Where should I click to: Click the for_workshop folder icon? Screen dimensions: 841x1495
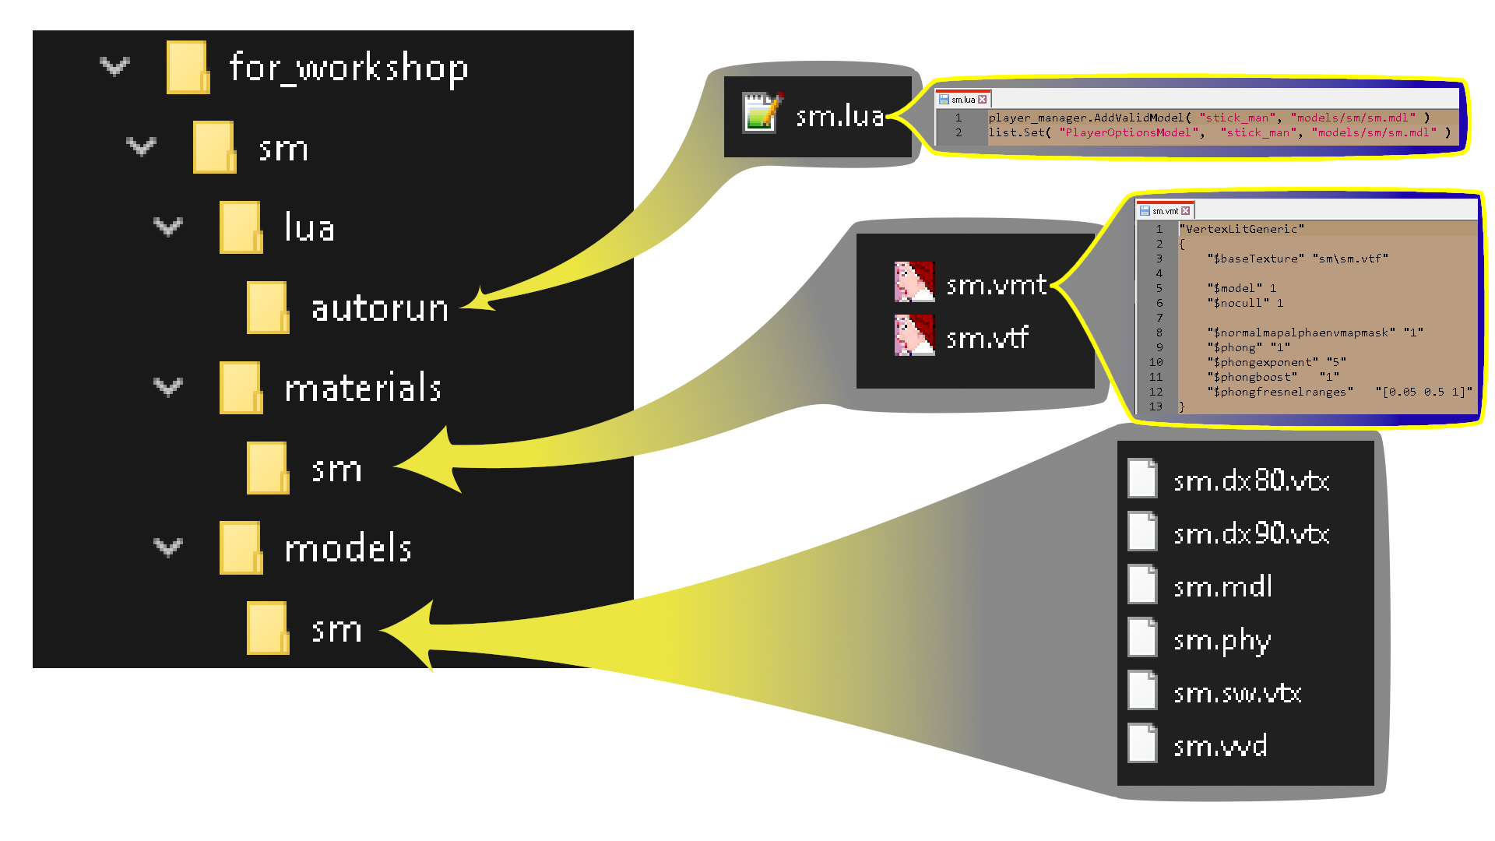pos(188,68)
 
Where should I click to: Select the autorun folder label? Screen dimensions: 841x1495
pos(380,308)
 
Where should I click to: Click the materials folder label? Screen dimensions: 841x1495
pos(363,388)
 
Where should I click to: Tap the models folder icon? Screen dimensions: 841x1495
pos(241,547)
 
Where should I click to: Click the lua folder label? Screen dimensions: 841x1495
pos(309,228)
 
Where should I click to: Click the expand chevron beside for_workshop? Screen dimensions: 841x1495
pos(114,67)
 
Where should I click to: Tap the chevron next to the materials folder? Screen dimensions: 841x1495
pos(167,387)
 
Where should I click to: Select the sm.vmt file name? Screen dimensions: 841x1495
pos(996,285)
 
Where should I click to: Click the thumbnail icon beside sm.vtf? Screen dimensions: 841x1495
pos(914,336)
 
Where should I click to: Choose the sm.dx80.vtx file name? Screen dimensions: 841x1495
pos(1251,480)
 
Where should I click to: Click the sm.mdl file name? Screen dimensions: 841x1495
pos(1222,586)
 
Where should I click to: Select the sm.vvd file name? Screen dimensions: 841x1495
pos(1220,746)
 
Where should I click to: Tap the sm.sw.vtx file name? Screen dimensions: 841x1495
pos(1237,693)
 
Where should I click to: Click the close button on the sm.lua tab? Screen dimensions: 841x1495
pos(983,100)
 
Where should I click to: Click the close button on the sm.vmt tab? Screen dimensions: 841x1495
pos(1186,211)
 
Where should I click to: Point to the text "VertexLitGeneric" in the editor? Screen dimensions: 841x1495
pos(1243,229)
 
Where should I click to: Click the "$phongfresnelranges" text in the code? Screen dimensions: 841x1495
pos(1280,392)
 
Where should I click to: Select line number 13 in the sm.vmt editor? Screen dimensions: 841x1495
pos(1156,406)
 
